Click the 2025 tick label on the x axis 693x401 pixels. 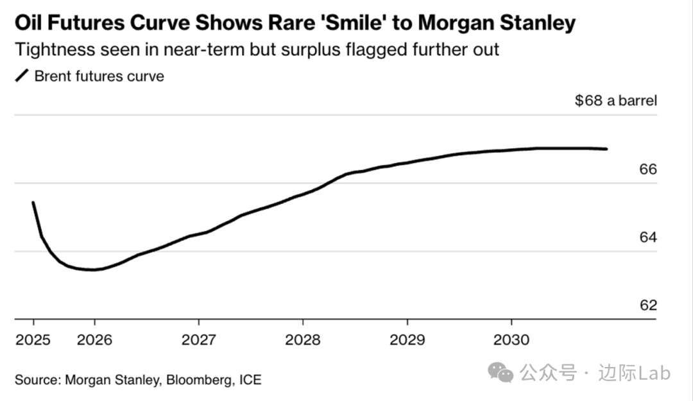[33, 339]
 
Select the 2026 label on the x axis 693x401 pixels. [94, 339]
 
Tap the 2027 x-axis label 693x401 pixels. [199, 339]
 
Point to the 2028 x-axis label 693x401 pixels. [303, 339]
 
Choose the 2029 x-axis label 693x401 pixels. [407, 339]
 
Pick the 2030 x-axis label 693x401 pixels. [511, 339]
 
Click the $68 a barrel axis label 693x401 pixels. [616, 101]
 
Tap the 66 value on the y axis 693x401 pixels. [649, 169]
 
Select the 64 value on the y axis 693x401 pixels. [649, 237]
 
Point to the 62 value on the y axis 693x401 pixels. [649, 305]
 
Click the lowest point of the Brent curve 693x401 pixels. [93, 269]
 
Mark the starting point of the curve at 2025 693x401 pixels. [33, 203]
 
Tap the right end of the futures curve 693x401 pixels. [606, 149]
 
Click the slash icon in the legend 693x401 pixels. [22, 76]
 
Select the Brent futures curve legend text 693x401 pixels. [99, 76]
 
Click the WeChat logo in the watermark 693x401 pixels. [501, 371]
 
